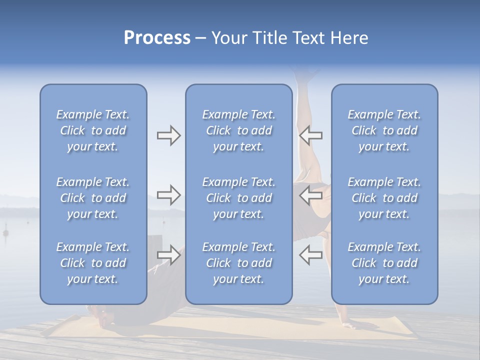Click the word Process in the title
click(157, 38)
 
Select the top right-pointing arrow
click(168, 135)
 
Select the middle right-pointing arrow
click(168, 194)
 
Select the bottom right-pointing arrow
click(168, 255)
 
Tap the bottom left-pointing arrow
click(310, 255)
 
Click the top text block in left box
click(93, 130)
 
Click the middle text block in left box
click(93, 198)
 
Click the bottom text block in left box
click(93, 263)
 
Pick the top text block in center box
click(238, 130)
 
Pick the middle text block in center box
click(238, 198)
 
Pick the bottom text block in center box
click(238, 263)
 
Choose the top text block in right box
click(384, 130)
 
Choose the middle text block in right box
click(384, 198)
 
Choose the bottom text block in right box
click(384, 263)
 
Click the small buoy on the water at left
click(6, 232)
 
